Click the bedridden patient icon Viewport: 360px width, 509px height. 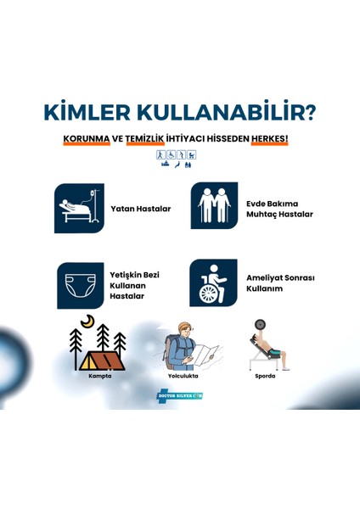click(79, 208)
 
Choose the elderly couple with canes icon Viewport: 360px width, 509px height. click(214, 206)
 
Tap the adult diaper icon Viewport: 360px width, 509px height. click(78, 283)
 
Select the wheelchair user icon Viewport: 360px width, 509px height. click(213, 282)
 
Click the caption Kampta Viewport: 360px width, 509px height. click(100, 376)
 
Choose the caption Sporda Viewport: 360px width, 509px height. click(264, 376)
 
